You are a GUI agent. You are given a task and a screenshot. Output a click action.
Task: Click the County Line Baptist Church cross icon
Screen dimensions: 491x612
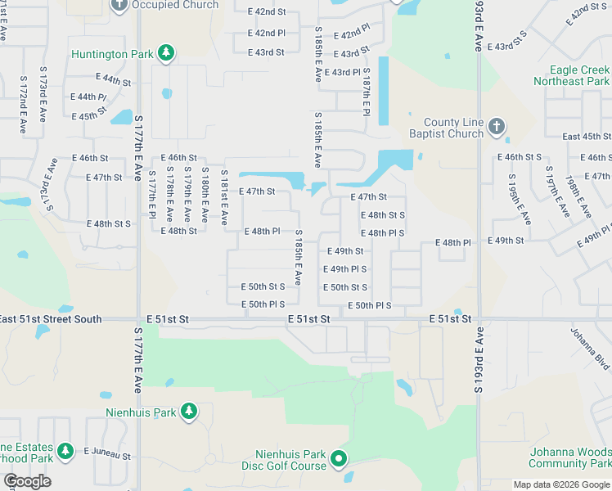[x=496, y=128]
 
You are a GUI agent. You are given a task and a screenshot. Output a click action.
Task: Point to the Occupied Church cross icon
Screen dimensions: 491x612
[x=119, y=5]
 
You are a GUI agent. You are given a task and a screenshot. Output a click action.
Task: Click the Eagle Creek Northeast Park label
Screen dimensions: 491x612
[x=571, y=76]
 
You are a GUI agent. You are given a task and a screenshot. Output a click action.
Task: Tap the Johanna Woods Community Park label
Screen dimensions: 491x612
[x=570, y=457]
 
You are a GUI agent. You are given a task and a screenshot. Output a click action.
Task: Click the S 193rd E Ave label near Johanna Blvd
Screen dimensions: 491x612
[x=480, y=360]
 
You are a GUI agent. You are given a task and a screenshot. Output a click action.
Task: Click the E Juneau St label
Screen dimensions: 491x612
[x=107, y=455]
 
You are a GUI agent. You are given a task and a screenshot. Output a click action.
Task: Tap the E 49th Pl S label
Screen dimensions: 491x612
[x=345, y=269]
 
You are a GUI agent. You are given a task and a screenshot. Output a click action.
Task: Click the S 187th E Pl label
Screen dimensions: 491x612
[x=367, y=93]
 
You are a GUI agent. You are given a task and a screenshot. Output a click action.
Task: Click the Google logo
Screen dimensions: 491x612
[x=27, y=481]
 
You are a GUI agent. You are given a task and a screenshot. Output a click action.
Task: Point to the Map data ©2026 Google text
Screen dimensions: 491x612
[x=561, y=484]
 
